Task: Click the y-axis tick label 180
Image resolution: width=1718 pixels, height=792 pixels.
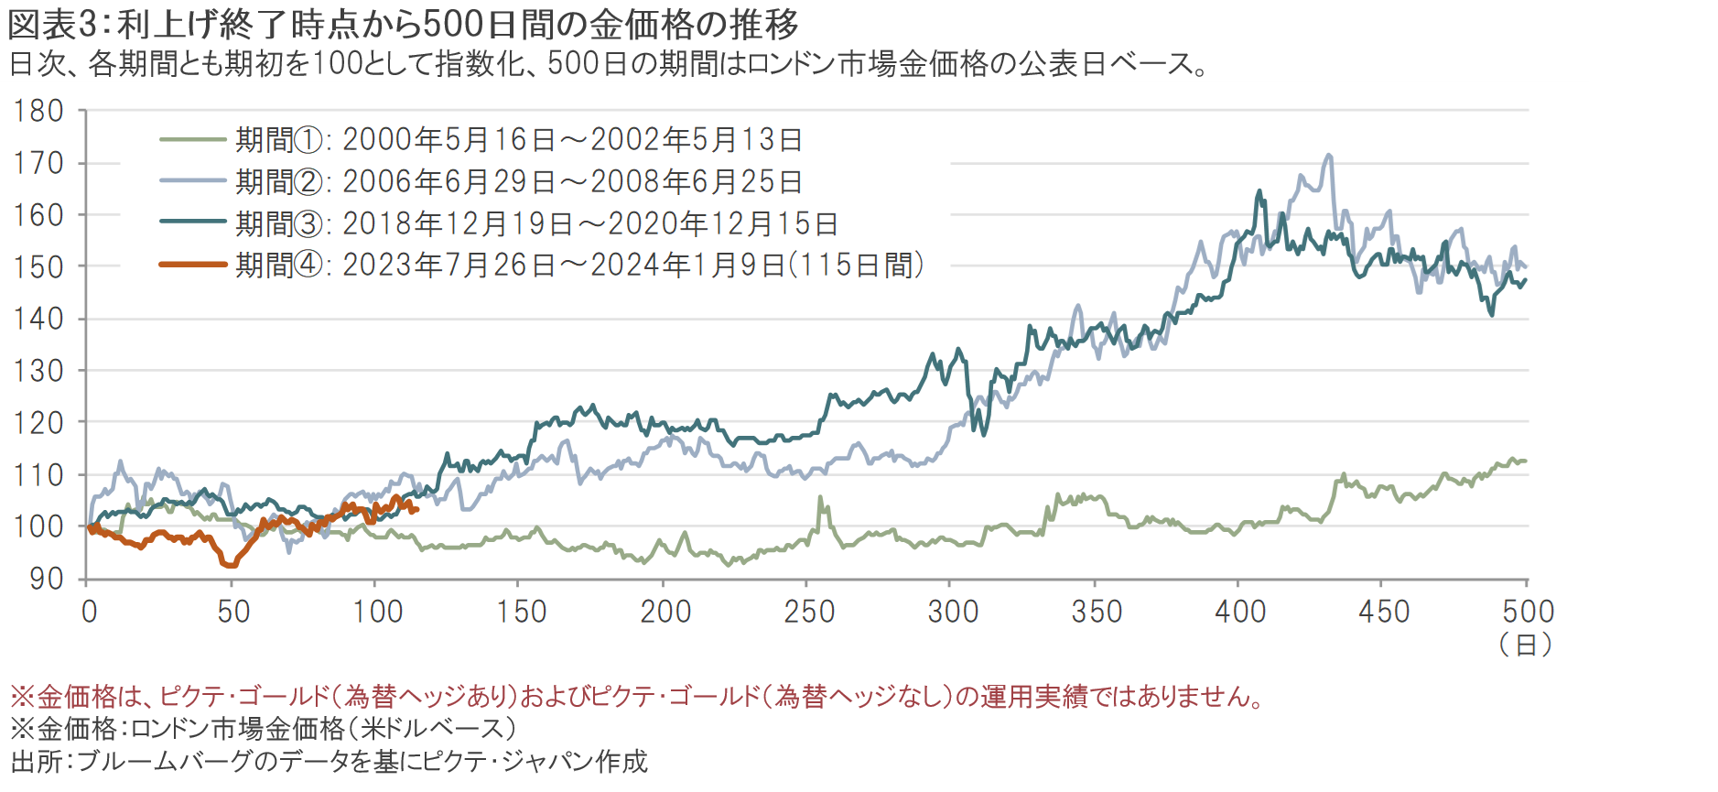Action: (38, 112)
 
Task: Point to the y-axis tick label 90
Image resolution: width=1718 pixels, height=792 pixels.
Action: (46, 579)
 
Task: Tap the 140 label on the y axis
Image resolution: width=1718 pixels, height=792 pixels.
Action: (38, 320)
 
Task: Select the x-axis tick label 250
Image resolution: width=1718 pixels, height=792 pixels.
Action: (809, 612)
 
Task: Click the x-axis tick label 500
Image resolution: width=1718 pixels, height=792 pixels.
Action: (1528, 612)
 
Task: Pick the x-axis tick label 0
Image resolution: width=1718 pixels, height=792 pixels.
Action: (89, 612)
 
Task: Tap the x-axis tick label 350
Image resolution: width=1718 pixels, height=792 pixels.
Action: (1097, 612)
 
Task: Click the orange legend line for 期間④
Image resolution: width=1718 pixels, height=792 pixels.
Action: (193, 265)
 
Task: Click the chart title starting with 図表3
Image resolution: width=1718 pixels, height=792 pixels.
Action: (403, 25)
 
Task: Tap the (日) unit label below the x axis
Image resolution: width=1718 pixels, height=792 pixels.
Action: (1526, 645)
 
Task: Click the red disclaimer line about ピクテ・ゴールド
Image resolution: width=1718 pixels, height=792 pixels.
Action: (637, 698)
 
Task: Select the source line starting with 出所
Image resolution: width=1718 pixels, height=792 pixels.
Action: (330, 761)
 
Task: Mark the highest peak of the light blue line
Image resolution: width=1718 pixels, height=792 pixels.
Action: (1329, 156)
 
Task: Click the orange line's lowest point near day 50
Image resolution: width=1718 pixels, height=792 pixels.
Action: (230, 565)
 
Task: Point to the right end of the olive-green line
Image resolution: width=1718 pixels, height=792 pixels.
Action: (1526, 461)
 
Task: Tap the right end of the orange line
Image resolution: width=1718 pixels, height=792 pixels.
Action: (416, 510)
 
